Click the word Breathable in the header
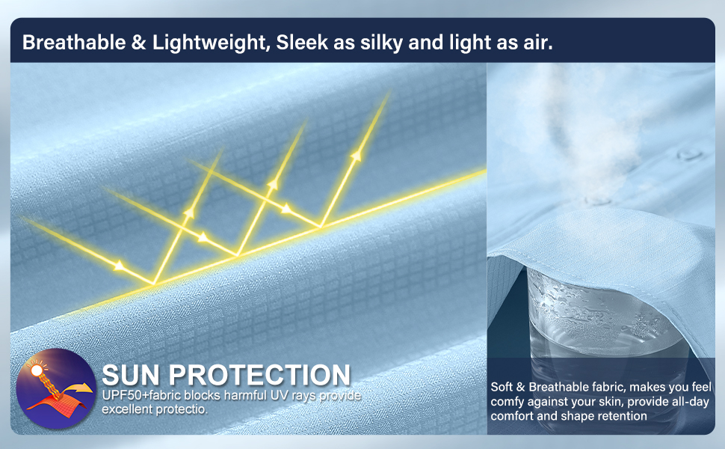pos(74,42)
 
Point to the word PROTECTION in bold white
pos(259,375)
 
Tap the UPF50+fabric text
pos(142,395)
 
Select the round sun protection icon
pos(56,388)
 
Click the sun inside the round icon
pos(36,370)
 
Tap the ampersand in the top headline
pos(138,43)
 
